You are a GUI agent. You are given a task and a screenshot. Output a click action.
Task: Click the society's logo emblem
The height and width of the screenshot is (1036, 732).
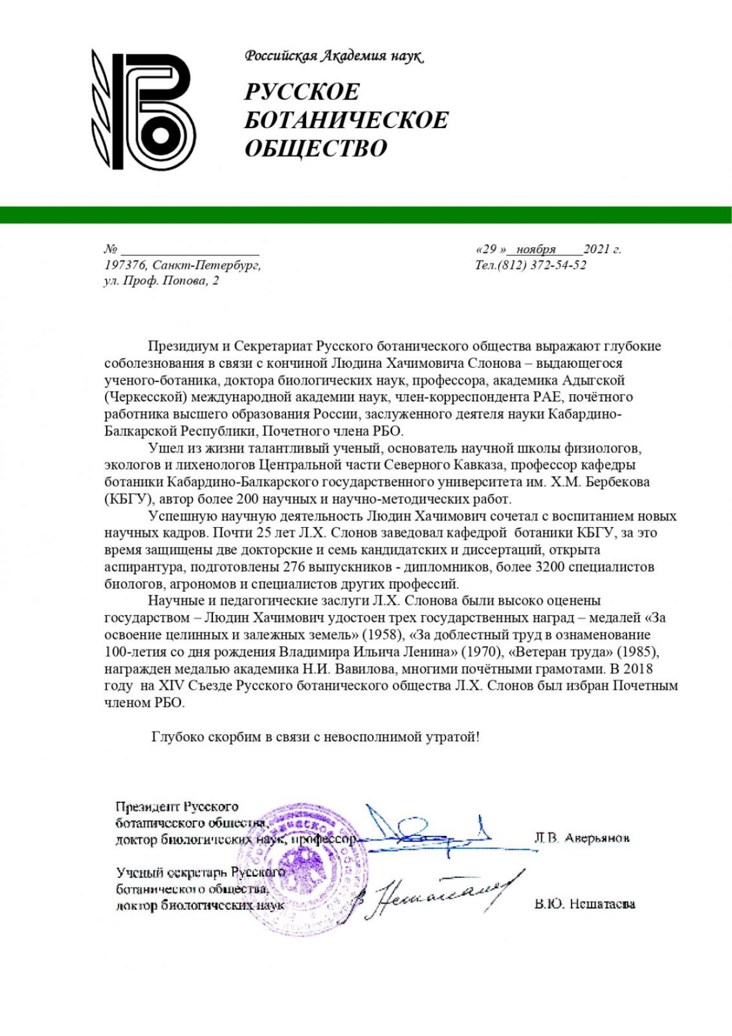click(x=144, y=109)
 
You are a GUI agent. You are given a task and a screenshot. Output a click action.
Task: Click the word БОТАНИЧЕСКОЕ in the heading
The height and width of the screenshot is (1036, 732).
click(x=346, y=120)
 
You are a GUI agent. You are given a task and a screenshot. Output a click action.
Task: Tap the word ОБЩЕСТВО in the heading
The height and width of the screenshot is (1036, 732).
click(x=316, y=148)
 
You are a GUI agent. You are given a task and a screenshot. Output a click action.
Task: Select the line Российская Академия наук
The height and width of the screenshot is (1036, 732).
click(x=334, y=56)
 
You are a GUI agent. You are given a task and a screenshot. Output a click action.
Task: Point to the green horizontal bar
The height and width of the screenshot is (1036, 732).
click(x=366, y=215)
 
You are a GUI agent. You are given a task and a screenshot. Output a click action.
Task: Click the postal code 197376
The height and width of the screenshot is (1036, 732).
click(x=124, y=265)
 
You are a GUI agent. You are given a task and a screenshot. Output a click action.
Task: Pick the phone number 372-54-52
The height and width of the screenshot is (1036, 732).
click(x=558, y=265)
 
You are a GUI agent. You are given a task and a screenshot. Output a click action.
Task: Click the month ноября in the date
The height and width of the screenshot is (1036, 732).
click(x=536, y=249)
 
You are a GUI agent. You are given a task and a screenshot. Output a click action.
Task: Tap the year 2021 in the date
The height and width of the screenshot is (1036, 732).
click(x=597, y=249)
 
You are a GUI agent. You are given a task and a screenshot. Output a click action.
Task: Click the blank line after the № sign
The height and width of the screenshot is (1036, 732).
click(x=190, y=250)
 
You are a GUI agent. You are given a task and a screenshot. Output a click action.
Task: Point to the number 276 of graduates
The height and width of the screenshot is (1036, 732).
click(x=295, y=567)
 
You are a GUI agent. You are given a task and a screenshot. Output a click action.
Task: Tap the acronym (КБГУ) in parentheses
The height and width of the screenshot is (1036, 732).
click(x=128, y=499)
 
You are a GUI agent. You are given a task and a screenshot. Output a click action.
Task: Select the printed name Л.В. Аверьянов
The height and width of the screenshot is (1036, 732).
click(x=581, y=838)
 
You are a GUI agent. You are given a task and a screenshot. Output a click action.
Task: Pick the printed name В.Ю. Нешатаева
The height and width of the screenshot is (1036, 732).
click(x=584, y=904)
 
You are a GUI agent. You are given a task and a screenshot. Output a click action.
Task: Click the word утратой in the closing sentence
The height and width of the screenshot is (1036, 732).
click(x=451, y=737)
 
